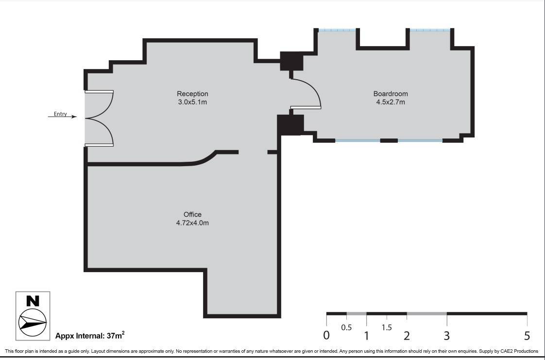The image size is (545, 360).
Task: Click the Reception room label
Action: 192,94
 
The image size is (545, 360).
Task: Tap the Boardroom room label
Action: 391,94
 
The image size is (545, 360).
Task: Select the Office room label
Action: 192,214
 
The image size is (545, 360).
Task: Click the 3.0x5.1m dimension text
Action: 192,102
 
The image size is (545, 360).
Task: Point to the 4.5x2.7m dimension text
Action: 391,102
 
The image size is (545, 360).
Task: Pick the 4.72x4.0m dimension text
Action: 192,223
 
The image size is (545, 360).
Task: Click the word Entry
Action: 60,114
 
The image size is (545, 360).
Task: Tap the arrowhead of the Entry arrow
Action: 74,117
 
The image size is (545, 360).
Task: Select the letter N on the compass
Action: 33,301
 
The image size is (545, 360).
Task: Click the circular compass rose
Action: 33,322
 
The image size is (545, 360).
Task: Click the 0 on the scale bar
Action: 326,336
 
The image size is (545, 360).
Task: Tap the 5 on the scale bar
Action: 528,336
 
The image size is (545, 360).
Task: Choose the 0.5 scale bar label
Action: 346,327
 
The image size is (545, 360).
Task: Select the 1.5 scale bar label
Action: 387,327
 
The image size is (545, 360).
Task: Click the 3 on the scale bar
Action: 446,336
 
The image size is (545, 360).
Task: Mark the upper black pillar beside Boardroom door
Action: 291,61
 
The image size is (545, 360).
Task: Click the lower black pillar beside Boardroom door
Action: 290,124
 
